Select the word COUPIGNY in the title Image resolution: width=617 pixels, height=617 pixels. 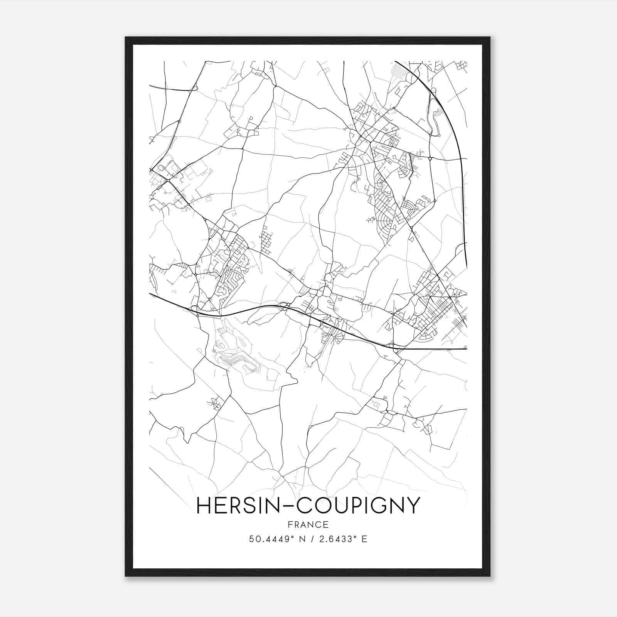pyautogui.click(x=357, y=505)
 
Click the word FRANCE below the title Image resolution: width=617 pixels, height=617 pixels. pyautogui.click(x=308, y=524)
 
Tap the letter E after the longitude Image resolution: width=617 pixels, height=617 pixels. pyautogui.click(x=364, y=539)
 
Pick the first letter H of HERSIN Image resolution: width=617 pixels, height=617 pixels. pyautogui.click(x=203, y=505)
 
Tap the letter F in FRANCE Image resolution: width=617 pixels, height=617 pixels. pyautogui.click(x=290, y=524)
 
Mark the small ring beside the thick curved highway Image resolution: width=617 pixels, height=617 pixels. pyautogui.click(x=433, y=90)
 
